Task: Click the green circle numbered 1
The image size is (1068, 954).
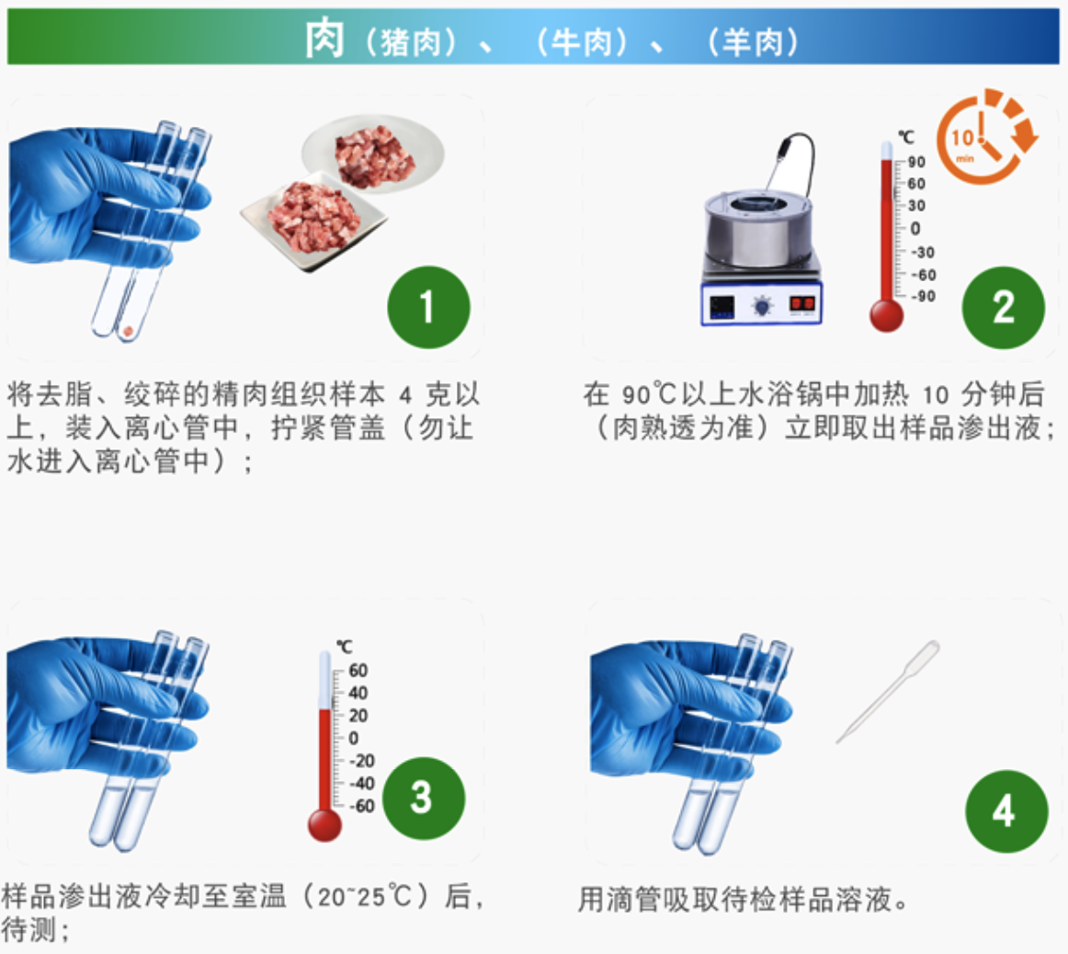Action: tap(428, 307)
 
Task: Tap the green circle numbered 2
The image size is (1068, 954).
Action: tap(1004, 308)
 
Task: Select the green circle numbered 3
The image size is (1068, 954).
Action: tap(424, 798)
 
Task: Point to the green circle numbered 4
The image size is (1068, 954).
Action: tap(1006, 811)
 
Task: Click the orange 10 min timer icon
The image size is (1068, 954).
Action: tap(985, 137)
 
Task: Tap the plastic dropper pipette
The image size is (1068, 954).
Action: tap(888, 691)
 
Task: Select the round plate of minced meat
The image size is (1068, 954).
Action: tap(373, 154)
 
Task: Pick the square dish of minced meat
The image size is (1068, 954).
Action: tap(313, 221)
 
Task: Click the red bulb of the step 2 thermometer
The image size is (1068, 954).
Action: tap(886, 315)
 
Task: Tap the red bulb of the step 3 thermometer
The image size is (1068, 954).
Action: tap(324, 824)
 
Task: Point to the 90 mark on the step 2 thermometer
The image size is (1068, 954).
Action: tap(916, 162)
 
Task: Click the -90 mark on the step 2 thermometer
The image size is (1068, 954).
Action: tap(925, 296)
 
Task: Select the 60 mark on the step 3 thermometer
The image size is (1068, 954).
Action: tap(358, 671)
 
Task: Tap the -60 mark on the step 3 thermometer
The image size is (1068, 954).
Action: tap(362, 806)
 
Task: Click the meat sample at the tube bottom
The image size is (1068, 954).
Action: tap(128, 332)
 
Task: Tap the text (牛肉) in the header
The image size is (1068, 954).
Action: tap(583, 42)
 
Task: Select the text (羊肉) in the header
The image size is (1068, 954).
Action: tap(754, 42)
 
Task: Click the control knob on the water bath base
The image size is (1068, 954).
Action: tap(762, 306)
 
